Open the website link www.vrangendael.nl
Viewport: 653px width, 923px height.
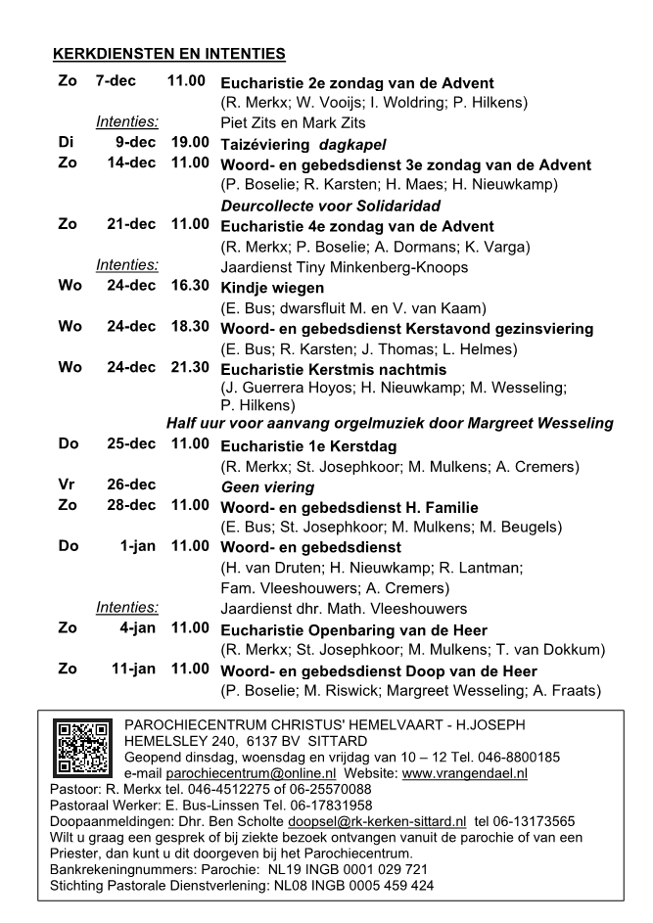click(465, 772)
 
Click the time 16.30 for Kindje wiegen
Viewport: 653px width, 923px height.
click(187, 287)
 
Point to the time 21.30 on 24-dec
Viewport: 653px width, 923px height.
click(187, 368)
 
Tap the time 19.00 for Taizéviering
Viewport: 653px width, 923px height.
click(187, 143)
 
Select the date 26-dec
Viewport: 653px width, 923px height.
click(131, 485)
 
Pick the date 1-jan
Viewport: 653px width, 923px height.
click(138, 546)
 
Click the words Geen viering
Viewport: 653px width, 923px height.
click(267, 486)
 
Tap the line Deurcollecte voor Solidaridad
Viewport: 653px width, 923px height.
click(330, 206)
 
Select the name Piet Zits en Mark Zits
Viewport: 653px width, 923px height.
click(294, 123)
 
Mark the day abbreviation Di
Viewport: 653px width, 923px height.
click(66, 143)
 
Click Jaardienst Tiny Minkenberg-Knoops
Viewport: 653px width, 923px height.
click(345, 267)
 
